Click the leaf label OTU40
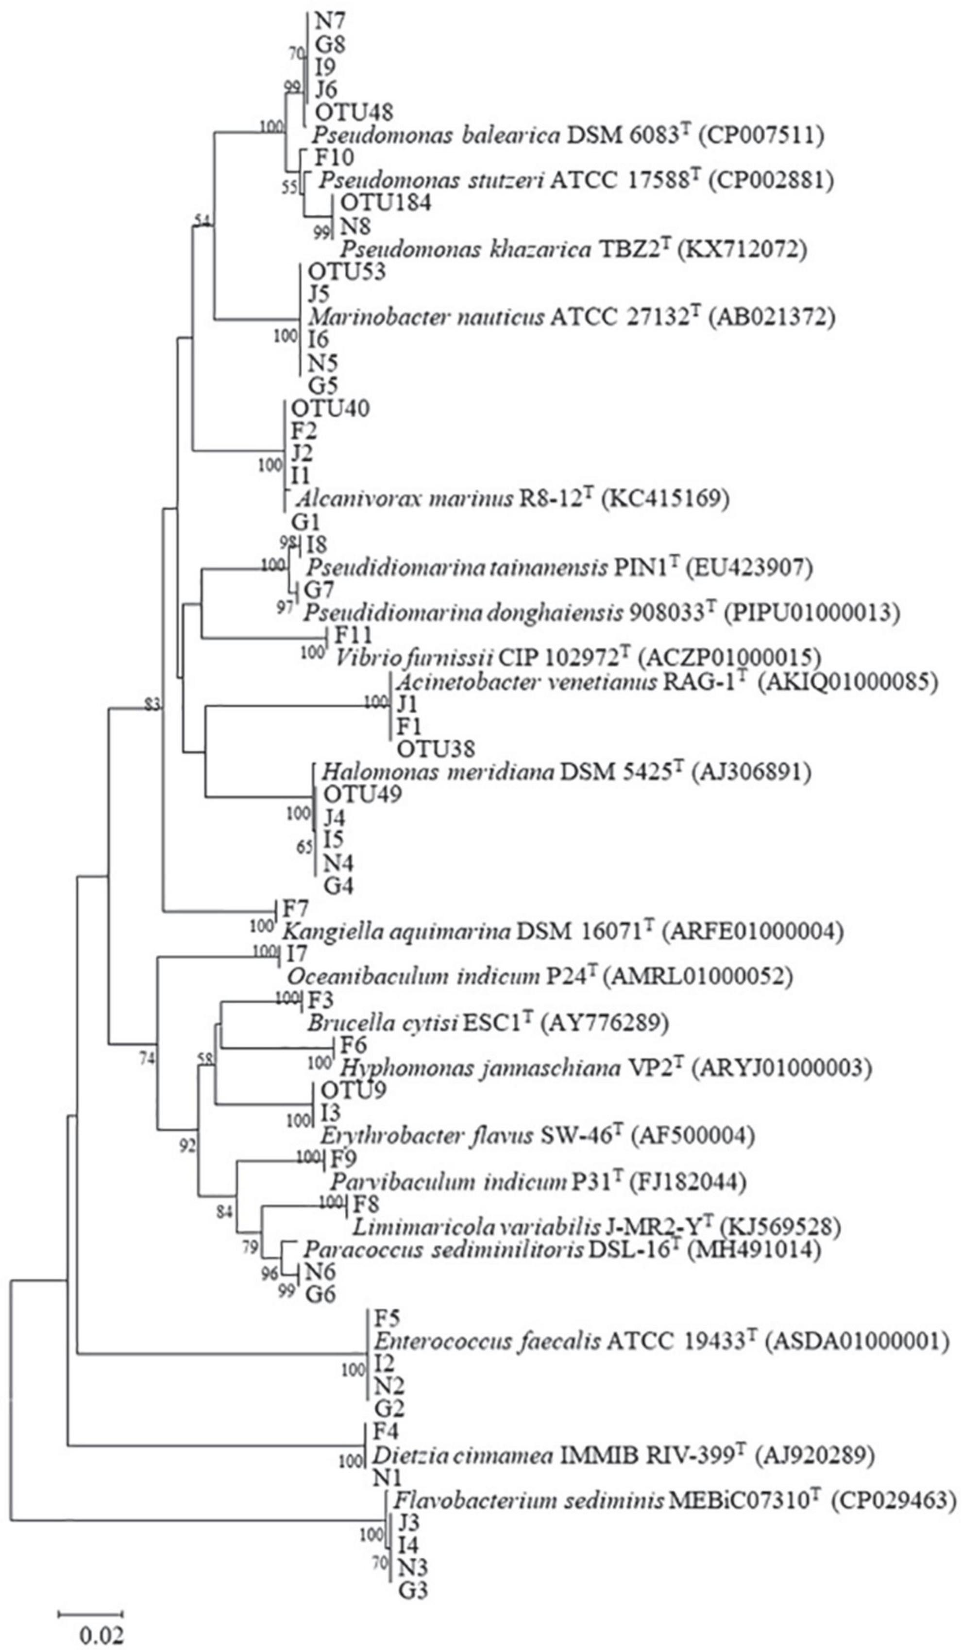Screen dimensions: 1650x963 coord(331,408)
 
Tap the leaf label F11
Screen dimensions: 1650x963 coord(354,634)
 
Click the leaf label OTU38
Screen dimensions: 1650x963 coord(435,748)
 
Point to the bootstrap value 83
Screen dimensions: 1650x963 coord(152,704)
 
